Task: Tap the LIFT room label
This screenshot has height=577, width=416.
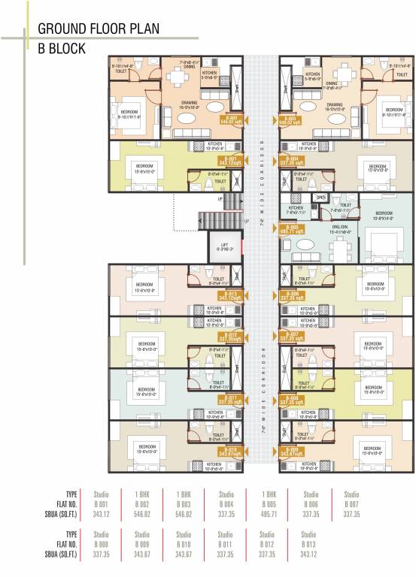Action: click(x=223, y=245)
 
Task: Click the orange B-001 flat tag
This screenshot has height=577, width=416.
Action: click(x=232, y=161)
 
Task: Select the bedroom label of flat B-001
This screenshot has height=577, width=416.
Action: click(x=144, y=167)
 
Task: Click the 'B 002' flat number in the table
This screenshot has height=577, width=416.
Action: click(x=143, y=504)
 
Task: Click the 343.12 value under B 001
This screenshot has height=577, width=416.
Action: click(x=101, y=515)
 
